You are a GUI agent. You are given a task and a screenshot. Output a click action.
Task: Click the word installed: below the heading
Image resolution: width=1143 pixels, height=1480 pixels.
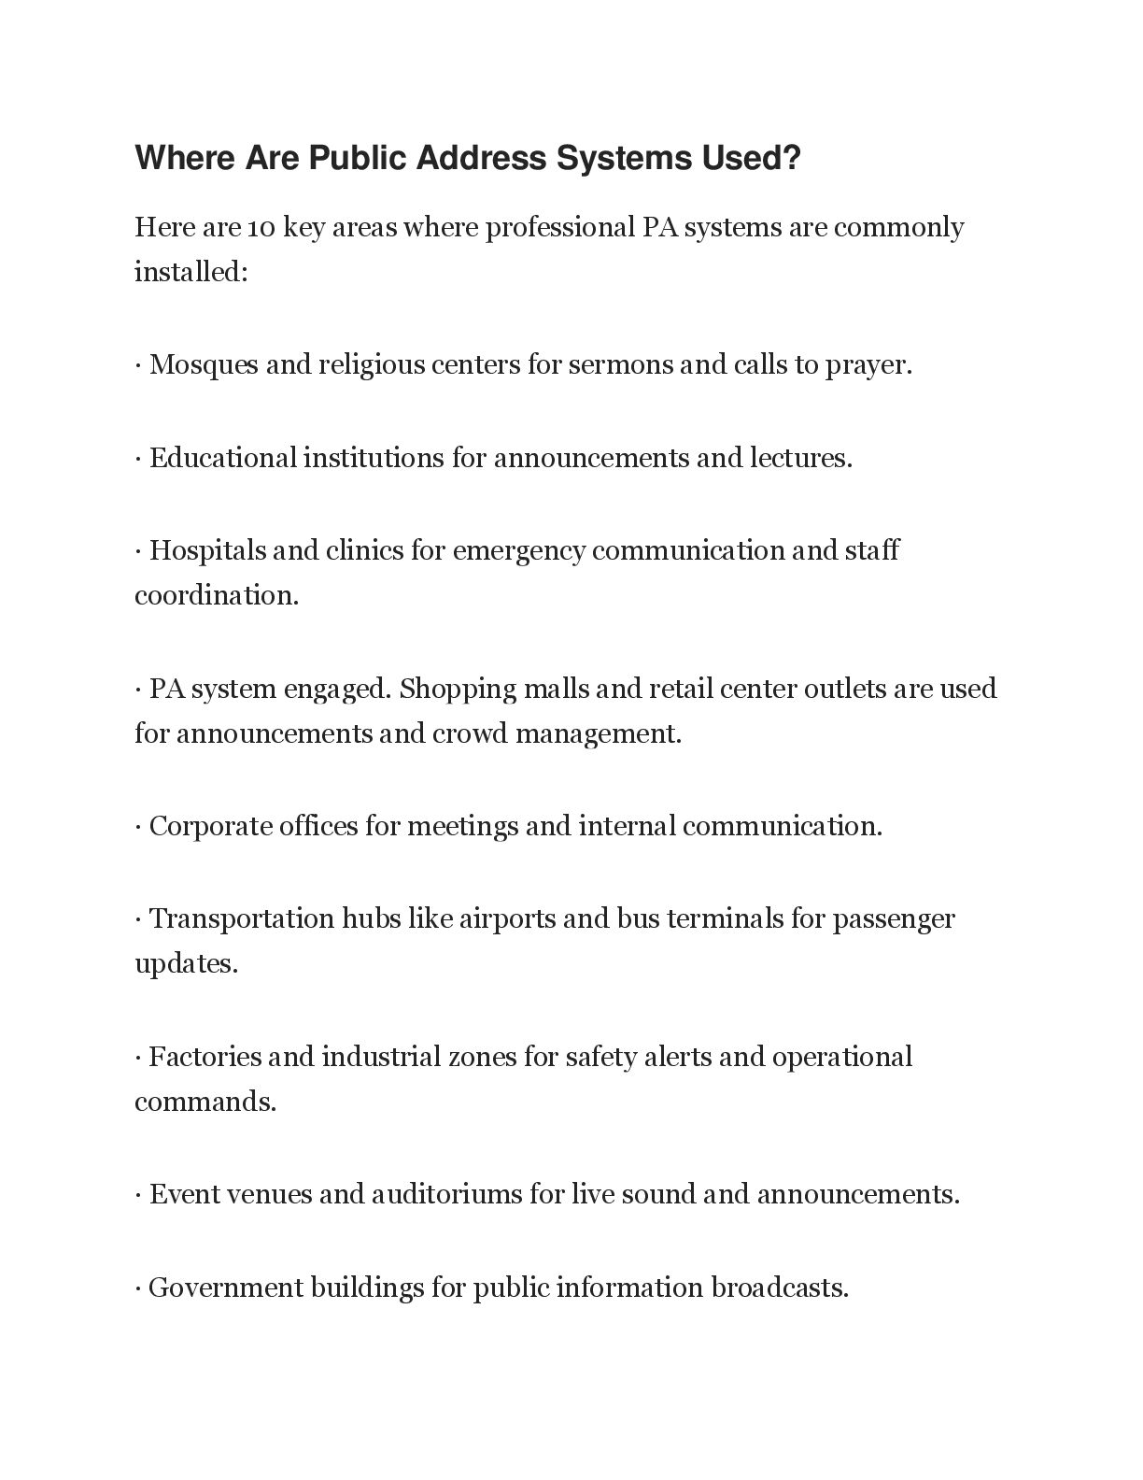click(x=190, y=272)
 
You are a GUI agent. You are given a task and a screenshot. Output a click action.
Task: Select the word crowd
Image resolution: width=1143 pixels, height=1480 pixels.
click(x=470, y=733)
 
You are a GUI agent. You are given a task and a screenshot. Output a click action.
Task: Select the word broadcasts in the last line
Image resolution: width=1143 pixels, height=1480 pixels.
click(x=780, y=1288)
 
